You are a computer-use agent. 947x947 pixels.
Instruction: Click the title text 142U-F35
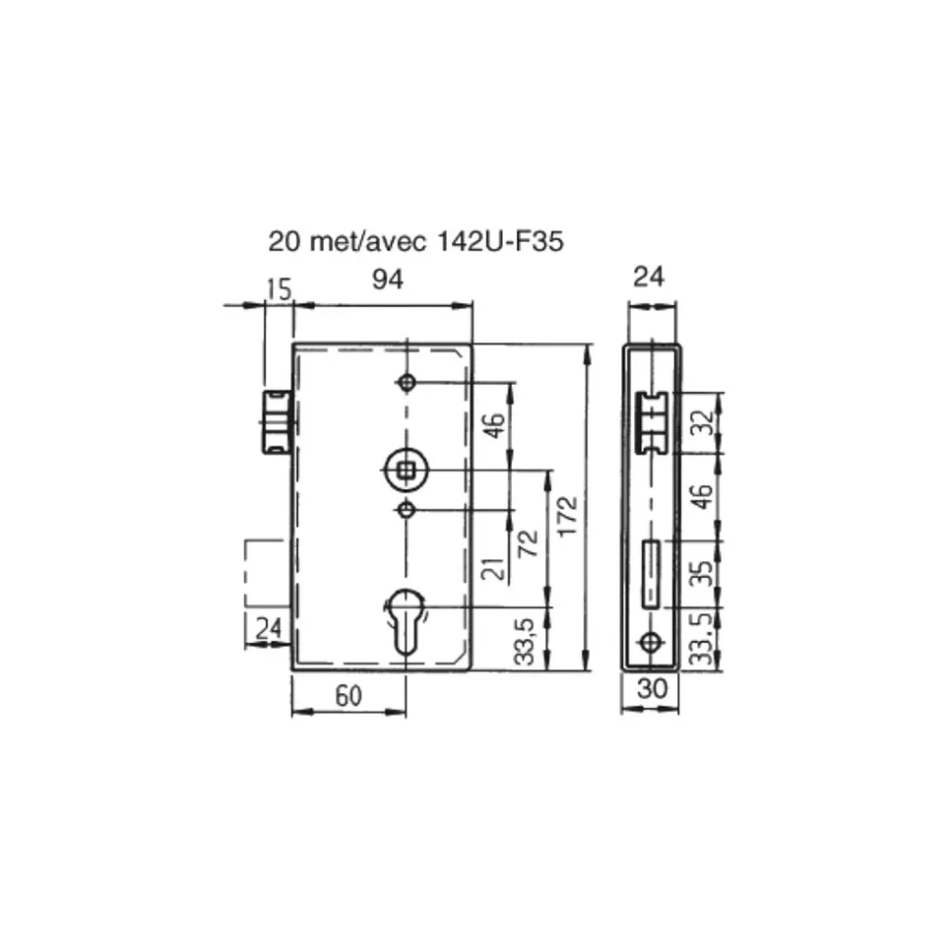(499, 241)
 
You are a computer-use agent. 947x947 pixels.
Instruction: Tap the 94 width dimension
(387, 280)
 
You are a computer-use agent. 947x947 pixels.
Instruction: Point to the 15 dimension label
(279, 289)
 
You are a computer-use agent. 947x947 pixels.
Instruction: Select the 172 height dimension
(568, 517)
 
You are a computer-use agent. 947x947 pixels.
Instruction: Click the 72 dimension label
(529, 543)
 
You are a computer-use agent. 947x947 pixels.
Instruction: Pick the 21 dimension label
(493, 569)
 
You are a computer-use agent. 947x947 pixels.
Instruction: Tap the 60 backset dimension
(348, 696)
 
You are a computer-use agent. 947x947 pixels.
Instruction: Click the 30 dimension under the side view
(653, 688)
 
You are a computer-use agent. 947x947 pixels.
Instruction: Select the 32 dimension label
(703, 422)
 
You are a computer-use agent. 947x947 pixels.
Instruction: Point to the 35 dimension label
(701, 573)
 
